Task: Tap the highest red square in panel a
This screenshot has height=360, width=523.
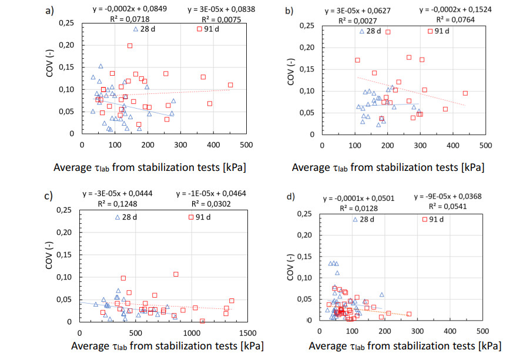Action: point(130,46)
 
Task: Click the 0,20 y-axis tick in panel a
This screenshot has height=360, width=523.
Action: point(66,45)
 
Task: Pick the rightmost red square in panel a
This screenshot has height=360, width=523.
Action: point(230,85)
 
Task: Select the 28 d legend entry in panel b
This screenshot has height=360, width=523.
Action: point(370,31)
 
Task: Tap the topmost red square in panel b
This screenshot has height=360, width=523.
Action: point(388,32)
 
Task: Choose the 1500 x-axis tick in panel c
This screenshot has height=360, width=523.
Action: point(247,332)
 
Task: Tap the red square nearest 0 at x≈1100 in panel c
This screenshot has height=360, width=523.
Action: point(202,321)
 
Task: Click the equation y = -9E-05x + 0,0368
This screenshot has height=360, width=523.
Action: point(458,197)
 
